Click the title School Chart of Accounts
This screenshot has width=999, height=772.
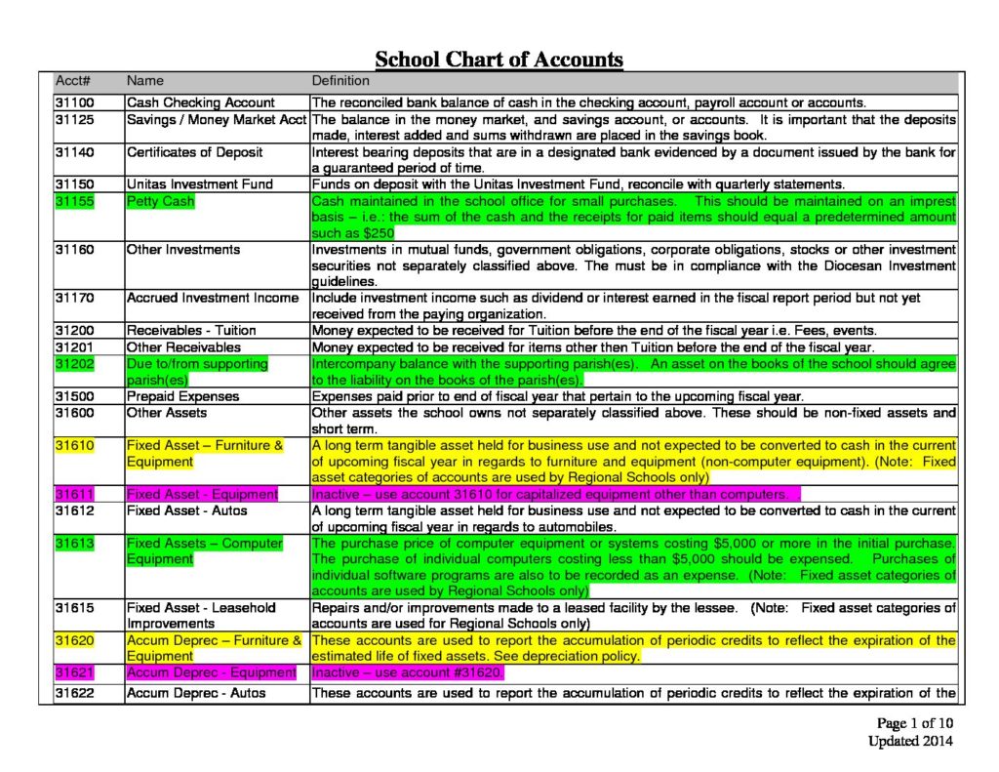(x=499, y=59)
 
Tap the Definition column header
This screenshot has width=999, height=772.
(x=340, y=81)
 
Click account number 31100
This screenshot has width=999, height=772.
(x=75, y=102)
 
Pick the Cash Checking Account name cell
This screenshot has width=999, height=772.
(x=201, y=102)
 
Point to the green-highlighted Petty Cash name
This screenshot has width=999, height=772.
(x=161, y=201)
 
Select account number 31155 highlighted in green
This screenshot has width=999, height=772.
(x=75, y=201)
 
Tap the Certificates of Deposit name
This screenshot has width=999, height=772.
(x=194, y=152)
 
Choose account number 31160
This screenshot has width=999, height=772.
(x=75, y=250)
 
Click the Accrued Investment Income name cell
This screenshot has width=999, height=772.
(x=213, y=298)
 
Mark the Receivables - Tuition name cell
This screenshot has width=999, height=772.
(x=191, y=331)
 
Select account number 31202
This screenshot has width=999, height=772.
(x=75, y=363)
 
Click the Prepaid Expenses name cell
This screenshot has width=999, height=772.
(x=180, y=396)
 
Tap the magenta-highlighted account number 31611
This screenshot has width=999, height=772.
(x=75, y=494)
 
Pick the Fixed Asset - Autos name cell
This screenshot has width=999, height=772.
(x=187, y=510)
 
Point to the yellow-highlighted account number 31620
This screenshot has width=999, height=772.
(x=75, y=640)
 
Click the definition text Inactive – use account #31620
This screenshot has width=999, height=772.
(x=408, y=672)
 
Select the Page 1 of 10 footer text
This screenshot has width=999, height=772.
(x=914, y=723)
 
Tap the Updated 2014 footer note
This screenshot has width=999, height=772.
(x=910, y=741)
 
